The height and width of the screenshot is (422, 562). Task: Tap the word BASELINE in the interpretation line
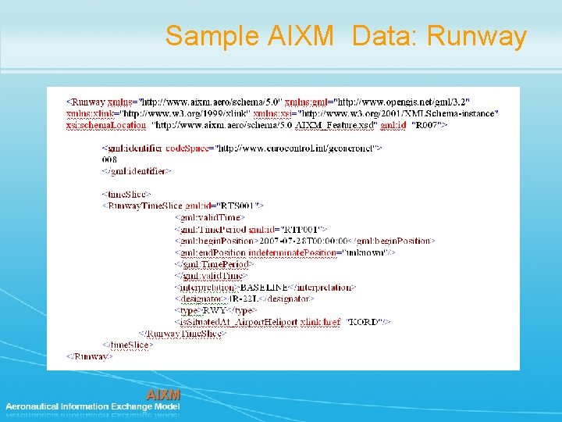point(264,287)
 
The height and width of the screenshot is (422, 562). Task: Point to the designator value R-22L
point(244,298)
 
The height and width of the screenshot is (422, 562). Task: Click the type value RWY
point(215,309)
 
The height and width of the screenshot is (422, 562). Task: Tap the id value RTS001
point(236,206)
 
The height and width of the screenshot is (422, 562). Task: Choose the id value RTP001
point(293,229)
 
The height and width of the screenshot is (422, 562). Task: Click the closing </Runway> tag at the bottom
point(89,356)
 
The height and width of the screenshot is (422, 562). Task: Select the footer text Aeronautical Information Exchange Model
point(93,406)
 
